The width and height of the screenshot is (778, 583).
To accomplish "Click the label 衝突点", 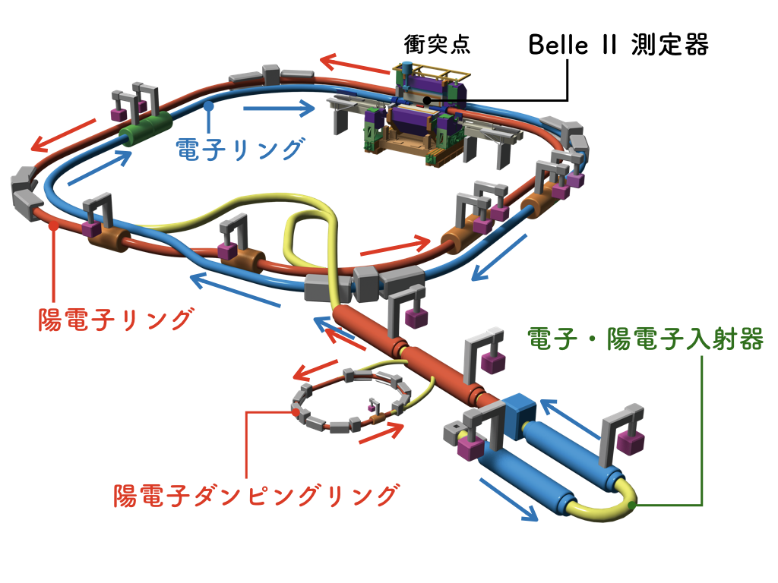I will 437,44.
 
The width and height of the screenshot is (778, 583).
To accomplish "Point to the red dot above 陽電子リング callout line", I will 52,225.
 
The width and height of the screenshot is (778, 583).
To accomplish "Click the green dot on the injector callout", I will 634,502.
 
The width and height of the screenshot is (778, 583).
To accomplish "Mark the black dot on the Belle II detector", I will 427,99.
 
